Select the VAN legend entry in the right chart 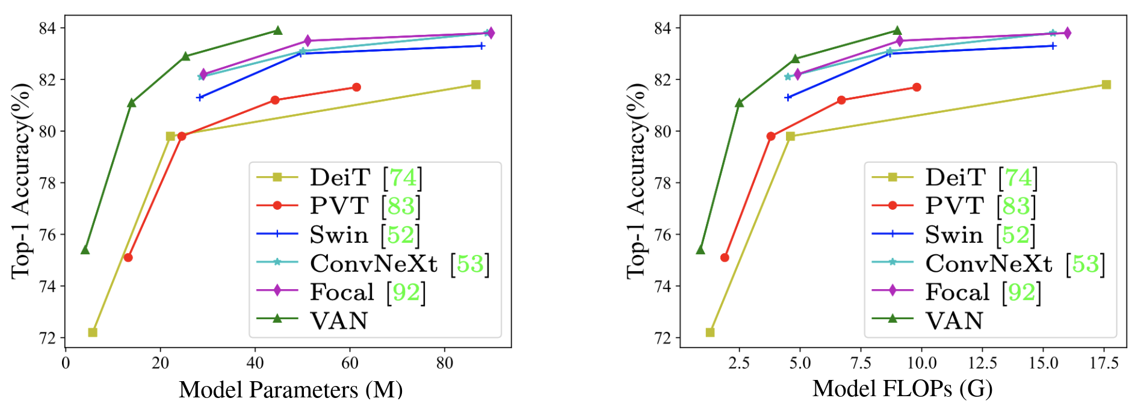pyautogui.click(x=954, y=320)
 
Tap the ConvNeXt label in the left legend pyautogui.click(x=374, y=263)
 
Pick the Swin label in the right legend pyautogui.click(x=954, y=234)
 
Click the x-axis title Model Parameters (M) pyautogui.click(x=291, y=390)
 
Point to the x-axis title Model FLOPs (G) pyautogui.click(x=903, y=389)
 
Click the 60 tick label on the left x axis pyautogui.click(x=350, y=363)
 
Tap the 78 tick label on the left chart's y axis pyautogui.click(x=48, y=183)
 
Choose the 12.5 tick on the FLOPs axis pyautogui.click(x=983, y=363)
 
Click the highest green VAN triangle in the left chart pyautogui.click(x=277, y=31)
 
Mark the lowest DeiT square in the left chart pyautogui.click(x=93, y=332)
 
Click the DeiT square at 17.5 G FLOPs pyautogui.click(x=1106, y=85)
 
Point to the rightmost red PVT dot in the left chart pyautogui.click(x=356, y=87)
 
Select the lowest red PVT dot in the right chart pyautogui.click(x=725, y=257)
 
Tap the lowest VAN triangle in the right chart pyautogui.click(x=700, y=249)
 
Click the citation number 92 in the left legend pyautogui.click(x=406, y=292)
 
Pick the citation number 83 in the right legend pyautogui.click(x=1016, y=206)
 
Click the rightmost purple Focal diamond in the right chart pyautogui.click(x=1067, y=33)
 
